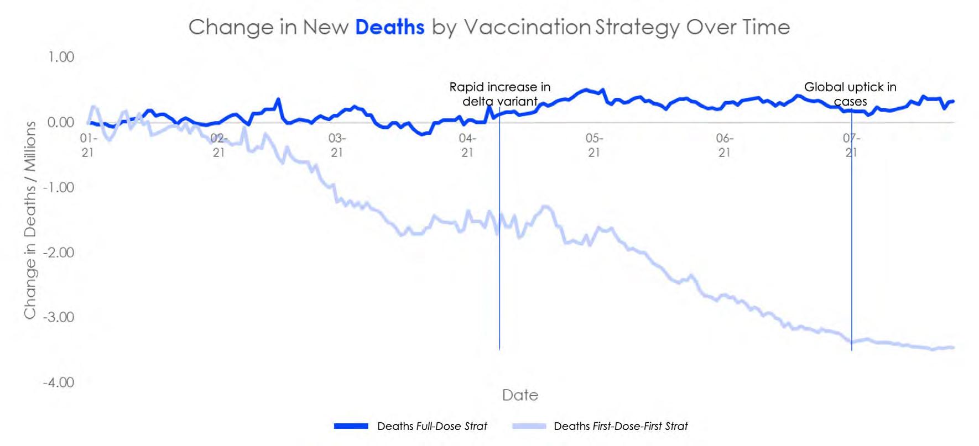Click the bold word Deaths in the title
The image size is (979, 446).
tap(389, 27)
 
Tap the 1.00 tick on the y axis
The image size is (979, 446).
tap(61, 57)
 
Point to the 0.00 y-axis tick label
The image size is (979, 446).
tap(61, 122)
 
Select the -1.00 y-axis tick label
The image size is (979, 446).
tap(59, 187)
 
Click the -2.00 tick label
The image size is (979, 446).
tap(59, 253)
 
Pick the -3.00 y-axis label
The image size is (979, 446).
tap(59, 317)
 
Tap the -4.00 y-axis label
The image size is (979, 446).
tap(59, 382)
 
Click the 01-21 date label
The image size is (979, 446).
tap(88, 145)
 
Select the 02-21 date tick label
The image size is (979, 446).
tap(218, 145)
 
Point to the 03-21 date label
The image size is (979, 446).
tap(337, 145)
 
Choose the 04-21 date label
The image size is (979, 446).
tap(467, 145)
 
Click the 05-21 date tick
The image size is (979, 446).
tap(594, 145)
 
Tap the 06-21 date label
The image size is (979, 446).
tap(725, 145)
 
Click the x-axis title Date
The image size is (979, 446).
tap(520, 395)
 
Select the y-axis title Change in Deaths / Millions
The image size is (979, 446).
tap(30, 220)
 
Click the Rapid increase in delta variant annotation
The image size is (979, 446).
tap(499, 94)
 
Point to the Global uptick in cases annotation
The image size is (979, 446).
tap(850, 94)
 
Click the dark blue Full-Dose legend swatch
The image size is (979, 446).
tap(351, 426)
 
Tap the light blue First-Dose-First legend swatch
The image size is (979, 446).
tap(529, 426)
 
